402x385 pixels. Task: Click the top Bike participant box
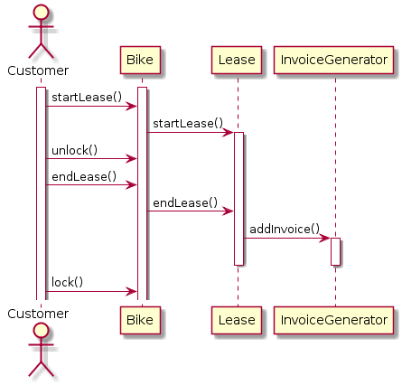point(140,60)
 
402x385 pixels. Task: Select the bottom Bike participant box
point(140,320)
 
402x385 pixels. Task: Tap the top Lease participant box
point(237,60)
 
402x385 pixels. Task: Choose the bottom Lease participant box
point(237,320)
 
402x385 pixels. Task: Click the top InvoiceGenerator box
point(333,60)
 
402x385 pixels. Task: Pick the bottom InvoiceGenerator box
point(333,320)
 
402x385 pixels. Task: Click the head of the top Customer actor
point(41,12)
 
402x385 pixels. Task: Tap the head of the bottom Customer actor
point(41,331)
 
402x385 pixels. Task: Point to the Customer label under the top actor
point(38,70)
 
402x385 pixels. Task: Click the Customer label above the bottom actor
point(38,314)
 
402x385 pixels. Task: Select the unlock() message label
point(75,150)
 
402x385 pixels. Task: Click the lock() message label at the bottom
point(67,282)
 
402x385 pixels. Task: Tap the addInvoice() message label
point(285,230)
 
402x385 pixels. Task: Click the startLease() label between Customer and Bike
point(87,98)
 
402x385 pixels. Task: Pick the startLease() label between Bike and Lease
point(188,124)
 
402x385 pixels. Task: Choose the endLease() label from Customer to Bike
point(84,176)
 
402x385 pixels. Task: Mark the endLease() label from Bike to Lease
point(185,203)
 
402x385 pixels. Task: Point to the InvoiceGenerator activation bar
point(335,251)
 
